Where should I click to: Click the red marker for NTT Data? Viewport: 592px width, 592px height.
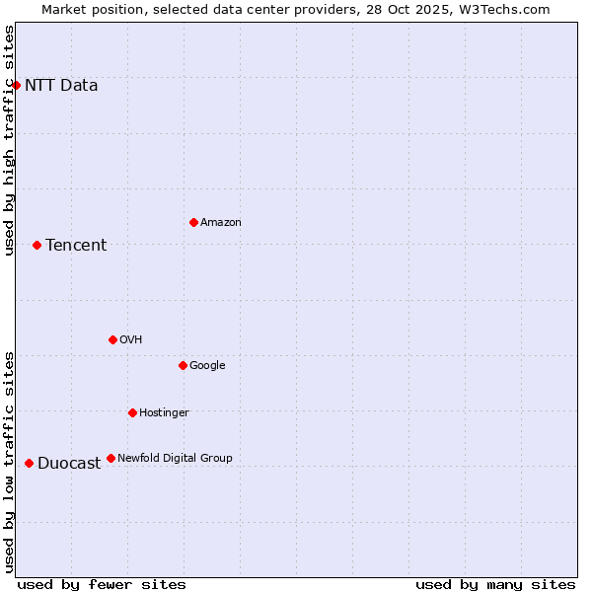click(16, 85)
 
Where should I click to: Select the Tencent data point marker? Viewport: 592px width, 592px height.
click(37, 245)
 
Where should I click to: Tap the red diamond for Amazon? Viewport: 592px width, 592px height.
click(193, 222)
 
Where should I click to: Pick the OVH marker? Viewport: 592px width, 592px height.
click(112, 339)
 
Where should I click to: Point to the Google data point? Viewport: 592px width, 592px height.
click(183, 365)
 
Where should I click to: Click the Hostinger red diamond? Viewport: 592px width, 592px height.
click(132, 412)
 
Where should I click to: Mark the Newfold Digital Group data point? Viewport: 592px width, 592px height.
click(111, 458)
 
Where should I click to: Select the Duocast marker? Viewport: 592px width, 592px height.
click(29, 463)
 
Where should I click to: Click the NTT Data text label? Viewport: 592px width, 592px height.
click(61, 85)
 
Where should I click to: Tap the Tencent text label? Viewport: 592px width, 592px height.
click(76, 246)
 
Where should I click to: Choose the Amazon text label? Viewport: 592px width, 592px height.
click(221, 223)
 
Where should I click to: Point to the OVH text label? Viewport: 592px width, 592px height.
click(131, 340)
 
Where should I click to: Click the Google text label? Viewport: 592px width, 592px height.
click(207, 366)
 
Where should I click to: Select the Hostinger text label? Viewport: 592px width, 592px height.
click(164, 412)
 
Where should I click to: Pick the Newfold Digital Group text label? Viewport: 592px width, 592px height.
click(175, 458)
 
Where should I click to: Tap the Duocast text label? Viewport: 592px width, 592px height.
click(69, 464)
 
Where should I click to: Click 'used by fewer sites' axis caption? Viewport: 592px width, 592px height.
click(102, 584)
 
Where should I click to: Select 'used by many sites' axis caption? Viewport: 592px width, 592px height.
click(495, 584)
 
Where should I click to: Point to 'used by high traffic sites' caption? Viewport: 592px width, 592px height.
click(9, 140)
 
